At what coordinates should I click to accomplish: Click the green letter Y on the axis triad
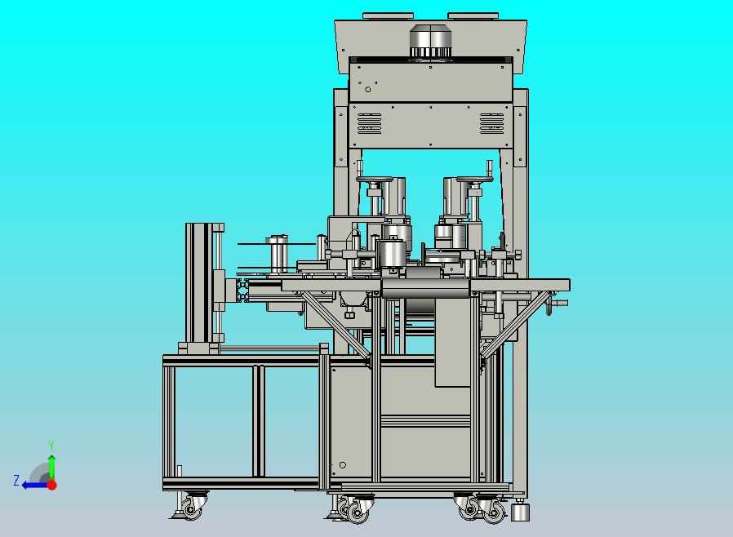pos(51,445)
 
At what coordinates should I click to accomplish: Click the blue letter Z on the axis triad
pos(16,481)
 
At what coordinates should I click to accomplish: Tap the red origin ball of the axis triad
pos(52,485)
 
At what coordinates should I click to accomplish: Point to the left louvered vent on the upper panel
pos(370,123)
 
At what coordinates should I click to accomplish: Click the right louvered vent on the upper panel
pos(491,123)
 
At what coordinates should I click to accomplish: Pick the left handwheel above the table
pos(374,179)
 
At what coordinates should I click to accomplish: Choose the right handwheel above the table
pos(475,179)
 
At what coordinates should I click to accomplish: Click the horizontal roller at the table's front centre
pos(425,288)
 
